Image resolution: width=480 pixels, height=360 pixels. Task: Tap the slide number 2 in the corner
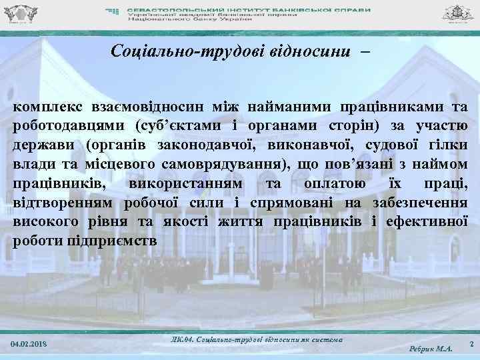tap(471, 344)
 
